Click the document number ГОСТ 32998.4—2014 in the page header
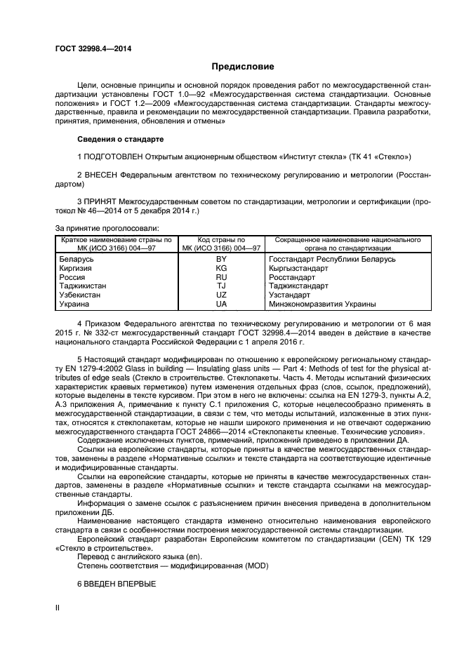(93, 48)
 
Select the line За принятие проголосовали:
(107, 228)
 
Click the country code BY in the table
(221, 259)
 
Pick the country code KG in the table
(221, 268)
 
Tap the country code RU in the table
(221, 277)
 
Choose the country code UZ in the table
(221, 295)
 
